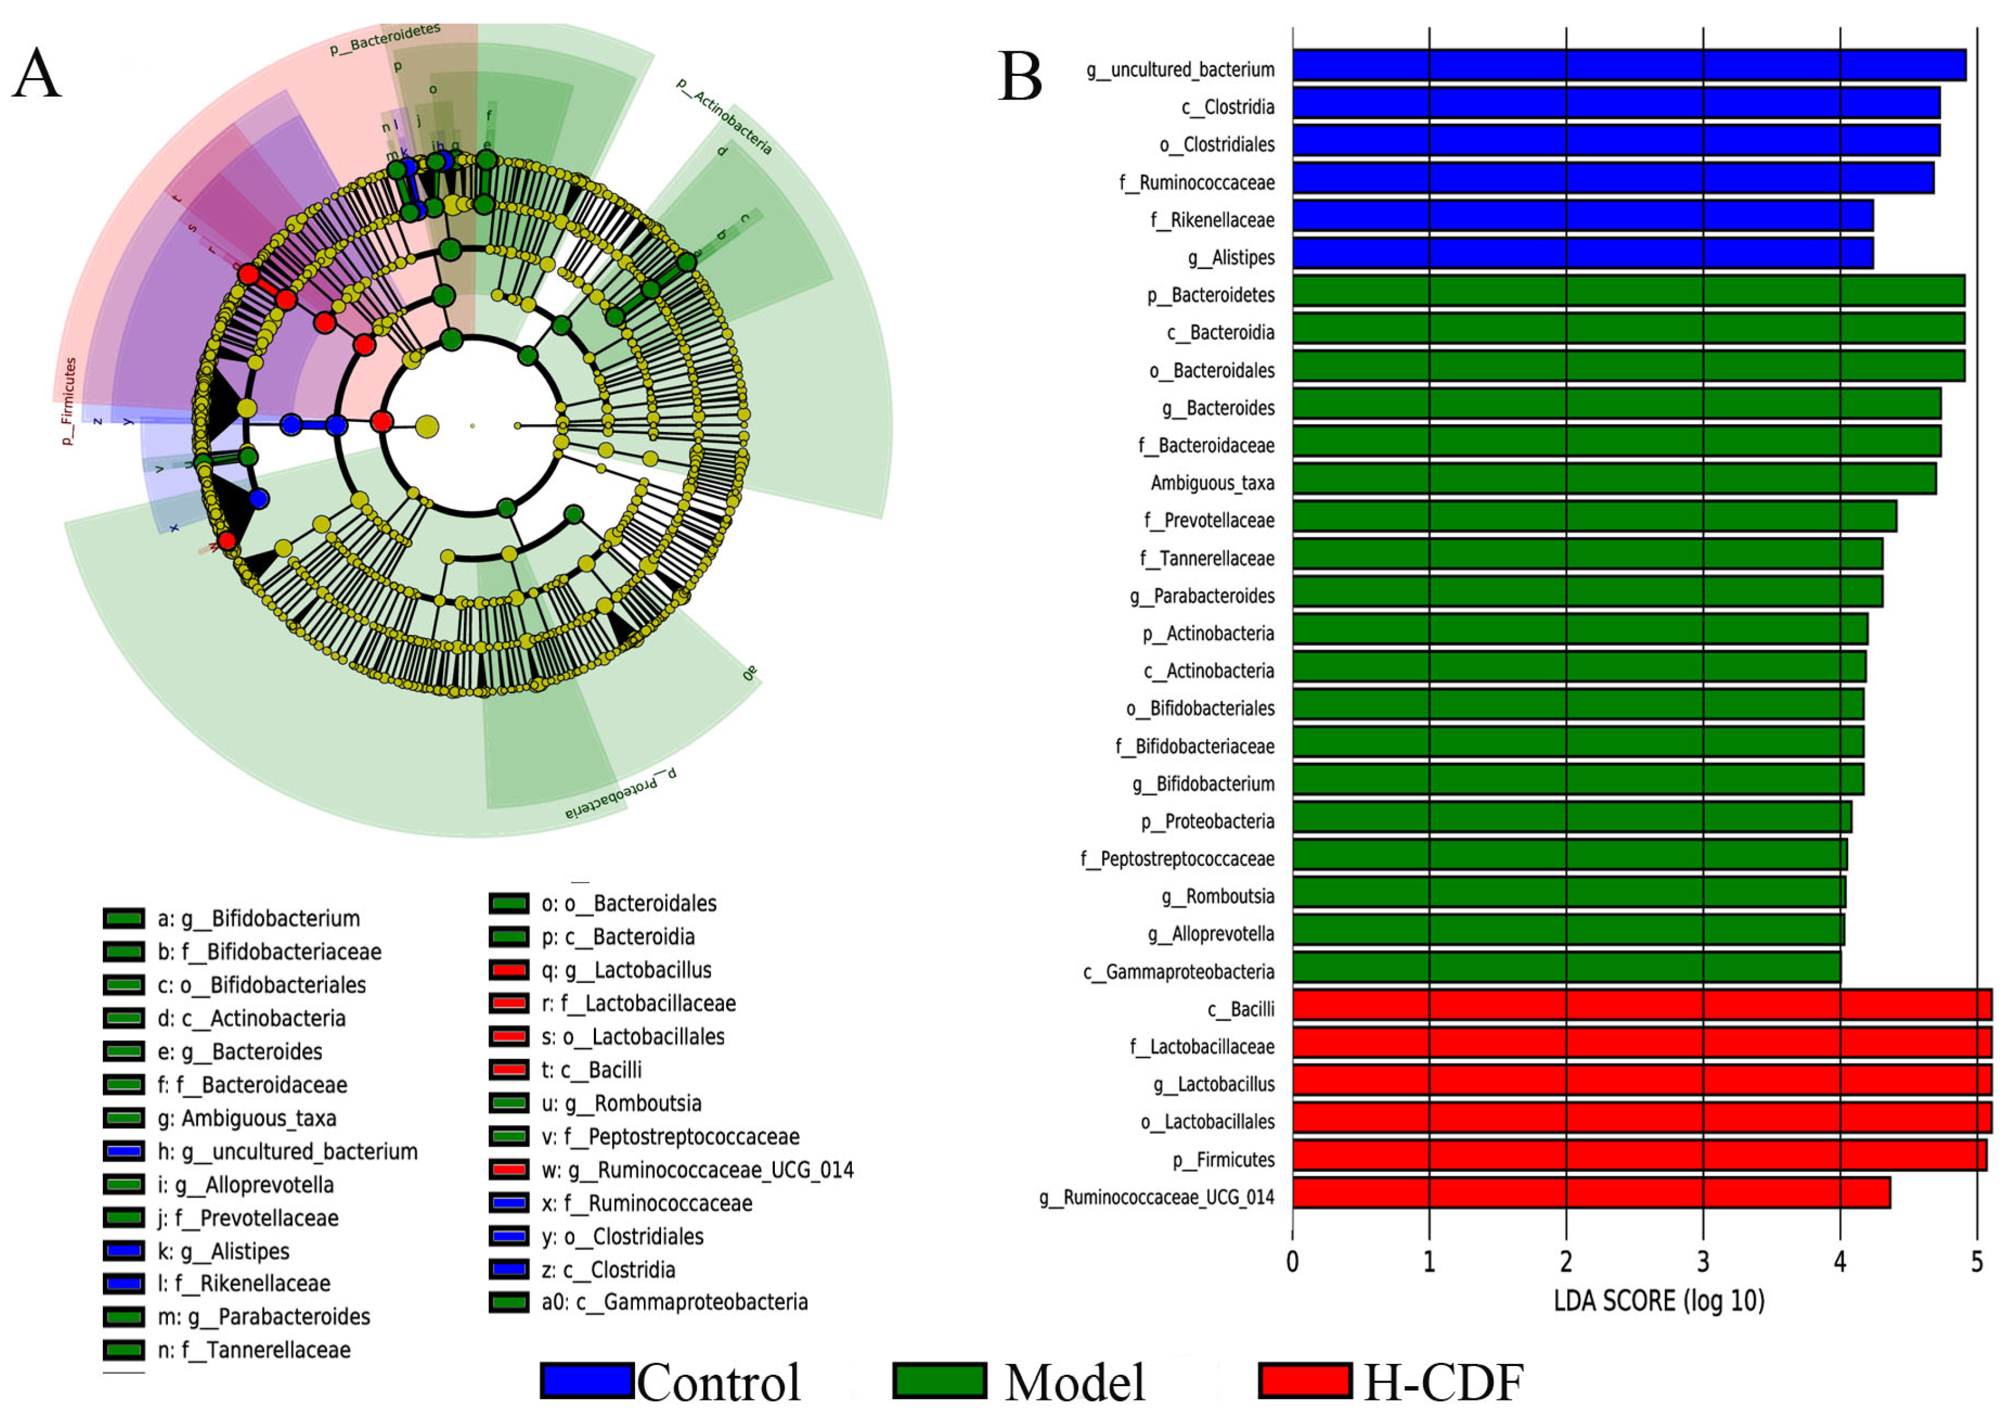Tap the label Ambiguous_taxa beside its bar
[1212, 483]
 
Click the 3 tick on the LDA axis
[1703, 1263]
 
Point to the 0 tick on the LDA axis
[1292, 1263]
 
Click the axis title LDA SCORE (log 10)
[1659, 1301]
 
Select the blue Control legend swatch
[586, 1381]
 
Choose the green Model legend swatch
[939, 1381]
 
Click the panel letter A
[37, 74]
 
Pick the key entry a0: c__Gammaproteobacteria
[674, 1302]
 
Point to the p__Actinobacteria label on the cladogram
[724, 117]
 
